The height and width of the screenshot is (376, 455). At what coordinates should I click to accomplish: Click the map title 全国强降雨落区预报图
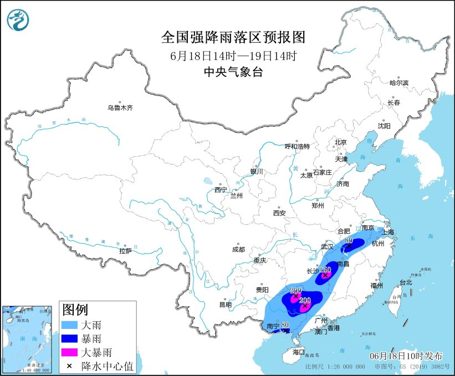tap(233, 37)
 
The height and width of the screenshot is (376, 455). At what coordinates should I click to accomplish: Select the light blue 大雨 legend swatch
tap(71, 325)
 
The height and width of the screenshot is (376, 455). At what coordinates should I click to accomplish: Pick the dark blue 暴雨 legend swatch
tap(71, 338)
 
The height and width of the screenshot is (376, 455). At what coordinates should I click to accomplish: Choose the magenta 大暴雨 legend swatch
tap(71, 352)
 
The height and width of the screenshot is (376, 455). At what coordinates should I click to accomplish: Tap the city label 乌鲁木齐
tap(120, 108)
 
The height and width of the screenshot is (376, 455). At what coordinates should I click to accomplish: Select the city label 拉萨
tap(125, 251)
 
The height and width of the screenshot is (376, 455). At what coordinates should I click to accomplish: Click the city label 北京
tap(340, 142)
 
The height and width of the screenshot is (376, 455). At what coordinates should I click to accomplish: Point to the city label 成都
tap(239, 249)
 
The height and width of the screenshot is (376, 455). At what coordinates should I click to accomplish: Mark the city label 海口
tap(299, 352)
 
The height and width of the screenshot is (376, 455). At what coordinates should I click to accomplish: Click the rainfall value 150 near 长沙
tap(325, 269)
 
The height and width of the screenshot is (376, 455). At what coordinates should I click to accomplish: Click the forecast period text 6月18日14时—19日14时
tap(233, 55)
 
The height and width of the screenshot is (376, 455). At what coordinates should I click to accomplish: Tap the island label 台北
tap(406, 282)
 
